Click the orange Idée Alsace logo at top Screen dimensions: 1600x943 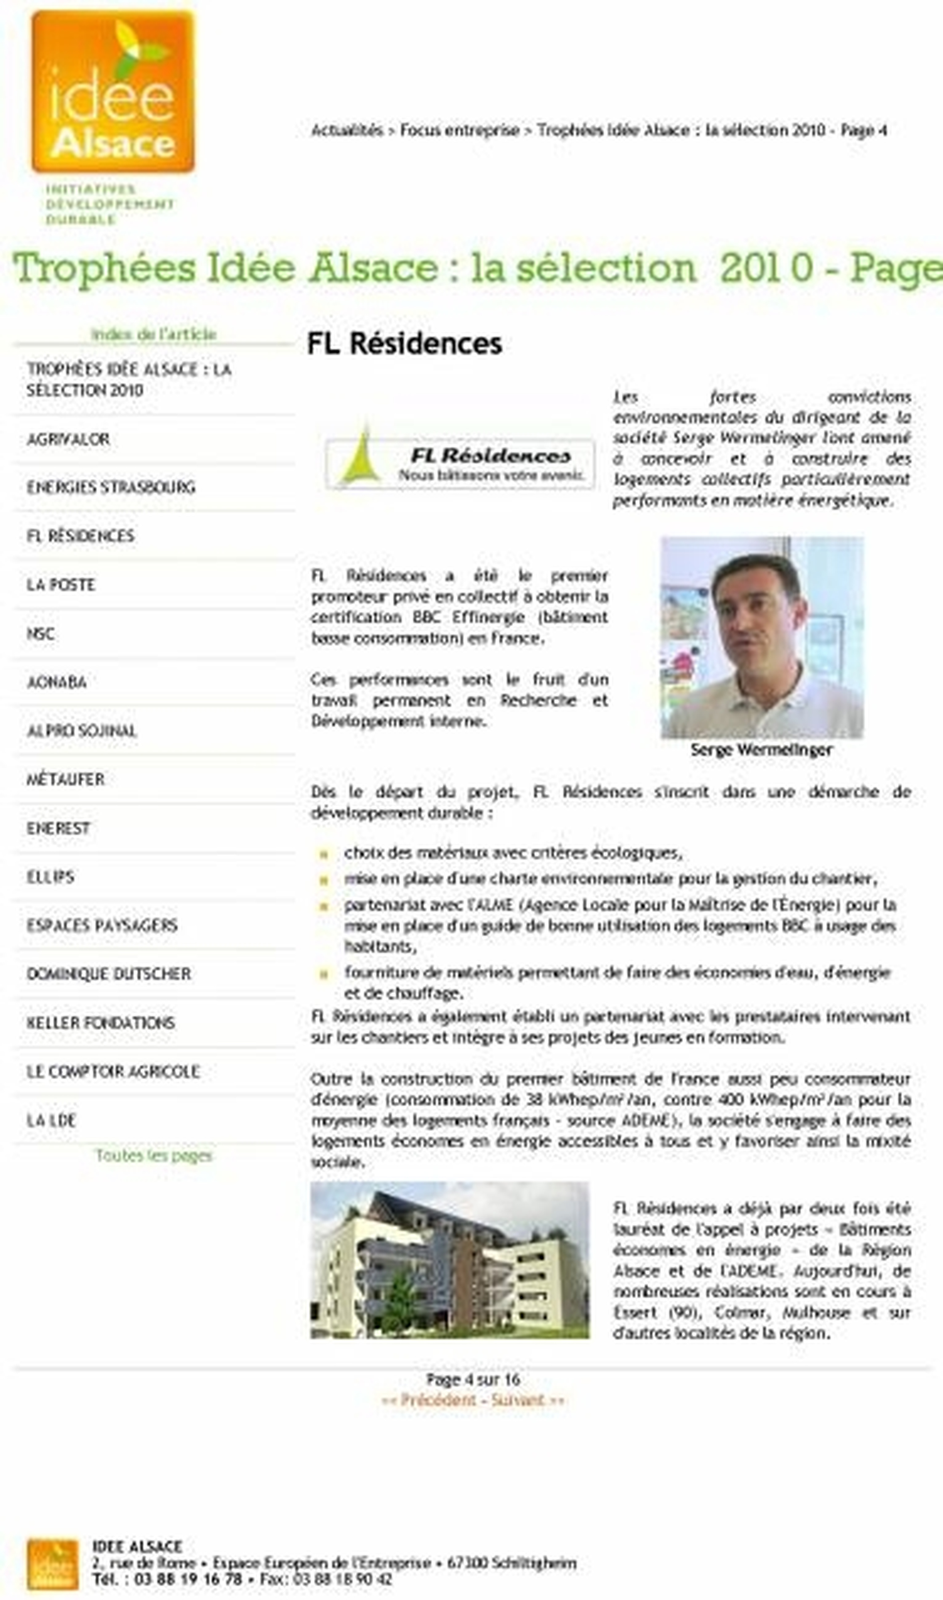113,92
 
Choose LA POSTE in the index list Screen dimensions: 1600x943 60,585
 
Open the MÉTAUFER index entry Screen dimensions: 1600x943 66,779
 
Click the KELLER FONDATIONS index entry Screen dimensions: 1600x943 100,1023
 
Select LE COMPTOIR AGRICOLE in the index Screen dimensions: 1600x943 113,1072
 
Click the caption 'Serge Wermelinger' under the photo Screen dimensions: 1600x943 761,750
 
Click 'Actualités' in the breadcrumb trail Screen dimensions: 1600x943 347,130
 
